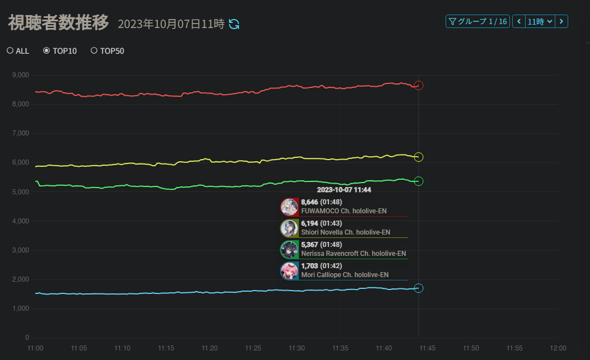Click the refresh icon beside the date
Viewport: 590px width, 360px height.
pos(235,24)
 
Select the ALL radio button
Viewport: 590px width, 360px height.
pos(10,51)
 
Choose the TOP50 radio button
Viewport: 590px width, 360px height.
pos(93,51)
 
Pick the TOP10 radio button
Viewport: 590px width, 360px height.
pos(46,51)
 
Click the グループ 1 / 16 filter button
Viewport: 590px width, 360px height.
pos(477,21)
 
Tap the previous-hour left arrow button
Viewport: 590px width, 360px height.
pos(519,21)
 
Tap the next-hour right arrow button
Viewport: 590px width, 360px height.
pos(561,21)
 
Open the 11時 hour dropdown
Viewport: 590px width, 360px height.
pos(540,21)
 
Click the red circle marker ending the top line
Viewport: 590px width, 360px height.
pos(418,86)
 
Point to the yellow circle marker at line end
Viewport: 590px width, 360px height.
pos(418,157)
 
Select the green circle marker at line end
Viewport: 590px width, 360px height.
pos(418,181)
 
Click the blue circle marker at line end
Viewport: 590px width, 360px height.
pos(418,288)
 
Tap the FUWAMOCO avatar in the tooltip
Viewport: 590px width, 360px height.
pos(289,207)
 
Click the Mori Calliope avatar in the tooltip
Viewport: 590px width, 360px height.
pos(289,271)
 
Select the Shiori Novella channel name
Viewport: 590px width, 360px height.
pos(345,232)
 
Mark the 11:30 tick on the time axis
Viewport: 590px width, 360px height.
pos(297,348)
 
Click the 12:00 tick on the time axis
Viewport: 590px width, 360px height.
pos(558,348)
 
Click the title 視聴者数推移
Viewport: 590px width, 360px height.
pos(58,24)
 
